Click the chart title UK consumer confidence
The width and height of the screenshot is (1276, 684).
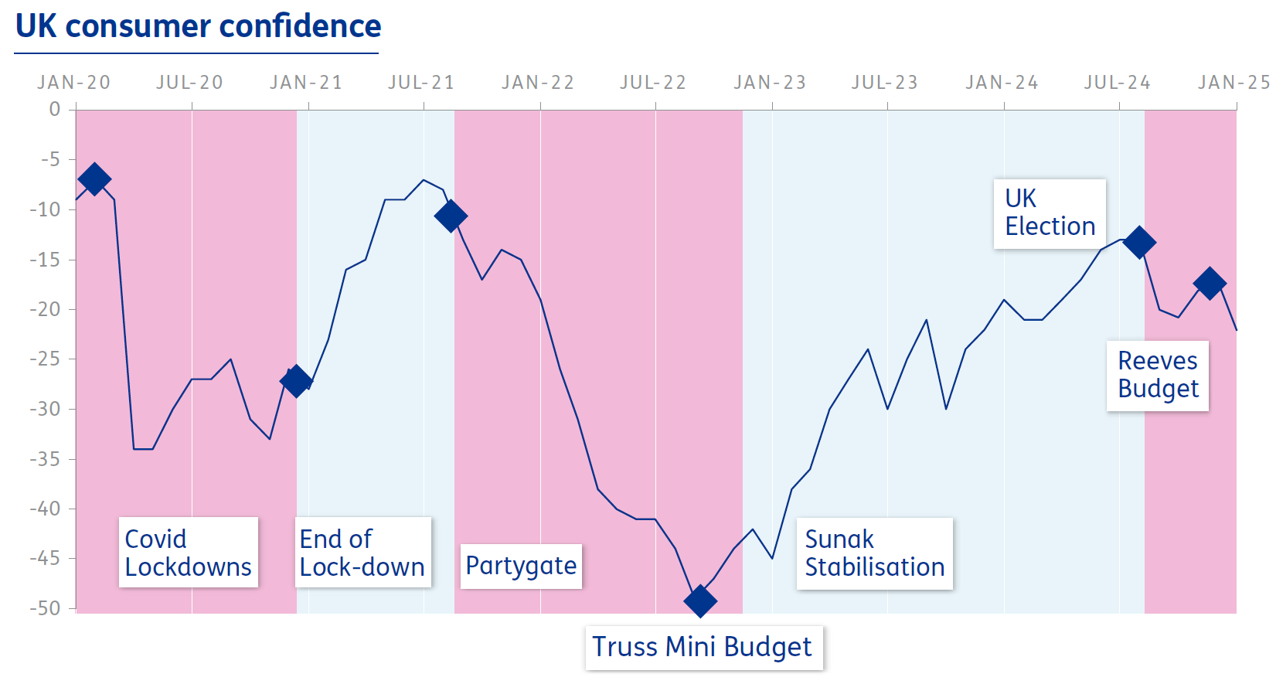click(198, 26)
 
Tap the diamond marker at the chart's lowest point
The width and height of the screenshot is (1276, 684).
click(700, 601)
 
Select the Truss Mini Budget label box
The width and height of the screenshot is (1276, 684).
click(703, 647)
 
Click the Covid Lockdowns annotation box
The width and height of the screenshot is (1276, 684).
click(188, 553)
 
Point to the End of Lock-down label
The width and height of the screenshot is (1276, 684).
click(362, 553)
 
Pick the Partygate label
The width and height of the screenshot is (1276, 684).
click(521, 566)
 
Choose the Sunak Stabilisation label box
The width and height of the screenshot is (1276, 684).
click(874, 553)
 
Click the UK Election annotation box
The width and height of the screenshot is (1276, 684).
click(1049, 213)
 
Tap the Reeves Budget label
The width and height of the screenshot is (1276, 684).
click(1157, 376)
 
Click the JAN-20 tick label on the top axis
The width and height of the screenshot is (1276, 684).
click(74, 83)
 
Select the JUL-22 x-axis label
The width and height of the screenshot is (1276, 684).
click(653, 83)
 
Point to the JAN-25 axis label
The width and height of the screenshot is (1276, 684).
click(1233, 83)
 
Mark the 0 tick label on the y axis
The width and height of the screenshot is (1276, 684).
click(54, 109)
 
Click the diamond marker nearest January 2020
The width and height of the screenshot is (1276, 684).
click(94, 179)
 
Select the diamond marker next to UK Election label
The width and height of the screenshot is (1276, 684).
click(1139, 243)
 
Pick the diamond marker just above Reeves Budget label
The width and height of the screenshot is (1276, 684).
click(1210, 284)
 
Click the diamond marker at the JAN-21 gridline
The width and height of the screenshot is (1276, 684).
click(296, 381)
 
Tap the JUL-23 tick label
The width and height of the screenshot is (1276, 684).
click(885, 83)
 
